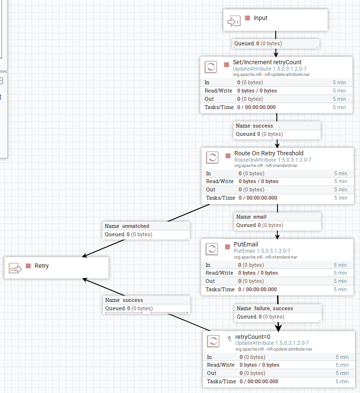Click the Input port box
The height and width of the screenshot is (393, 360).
[275, 19]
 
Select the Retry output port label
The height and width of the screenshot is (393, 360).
[41, 266]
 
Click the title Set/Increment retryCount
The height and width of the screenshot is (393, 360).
[267, 62]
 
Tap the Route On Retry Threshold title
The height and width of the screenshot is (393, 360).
[269, 153]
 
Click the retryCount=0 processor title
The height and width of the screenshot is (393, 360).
[252, 337]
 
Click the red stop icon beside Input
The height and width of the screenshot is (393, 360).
[247, 18]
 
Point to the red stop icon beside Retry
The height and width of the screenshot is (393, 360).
[28, 266]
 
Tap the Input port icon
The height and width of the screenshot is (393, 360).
[234, 21]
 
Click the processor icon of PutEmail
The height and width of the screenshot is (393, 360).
[212, 249]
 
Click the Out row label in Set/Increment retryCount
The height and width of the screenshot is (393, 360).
[209, 99]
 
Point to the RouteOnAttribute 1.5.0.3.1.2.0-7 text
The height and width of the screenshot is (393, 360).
[273, 160]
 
